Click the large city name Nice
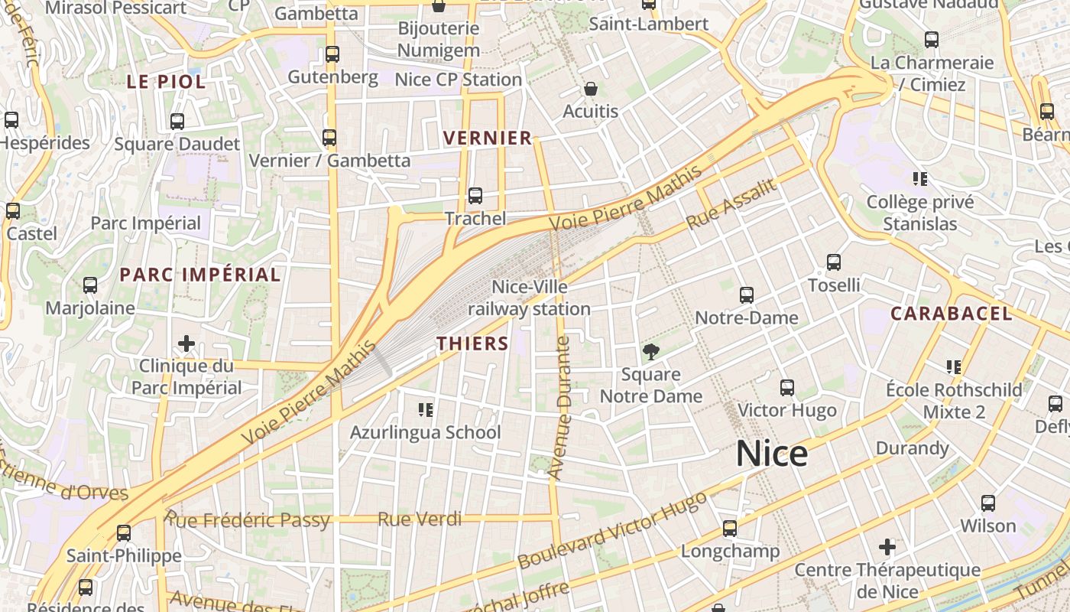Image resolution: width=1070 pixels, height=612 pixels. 772,454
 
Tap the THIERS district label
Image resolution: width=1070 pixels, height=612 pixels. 472,343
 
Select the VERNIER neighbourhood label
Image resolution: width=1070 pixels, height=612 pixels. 488,138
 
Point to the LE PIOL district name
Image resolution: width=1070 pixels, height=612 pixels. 166,82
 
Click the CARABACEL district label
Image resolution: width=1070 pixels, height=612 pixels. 951,313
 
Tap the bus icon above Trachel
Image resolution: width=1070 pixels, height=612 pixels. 475,196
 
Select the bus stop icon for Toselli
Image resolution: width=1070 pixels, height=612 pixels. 834,262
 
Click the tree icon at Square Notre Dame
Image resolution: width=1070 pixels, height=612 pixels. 650,352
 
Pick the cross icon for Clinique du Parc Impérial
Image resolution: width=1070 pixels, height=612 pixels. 186,343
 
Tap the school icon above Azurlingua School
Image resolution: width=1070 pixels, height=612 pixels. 426,410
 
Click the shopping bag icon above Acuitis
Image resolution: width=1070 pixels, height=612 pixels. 590,89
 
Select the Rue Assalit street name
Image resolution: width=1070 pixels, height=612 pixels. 731,203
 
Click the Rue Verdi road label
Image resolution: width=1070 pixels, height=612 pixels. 420,519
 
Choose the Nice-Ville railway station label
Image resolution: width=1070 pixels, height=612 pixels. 530,298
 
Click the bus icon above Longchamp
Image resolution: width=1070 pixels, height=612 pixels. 730,529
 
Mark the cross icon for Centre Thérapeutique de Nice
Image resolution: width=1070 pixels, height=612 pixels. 887,547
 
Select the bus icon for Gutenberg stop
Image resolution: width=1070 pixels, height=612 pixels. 332,54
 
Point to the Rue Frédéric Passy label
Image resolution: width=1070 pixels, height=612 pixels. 248,521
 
